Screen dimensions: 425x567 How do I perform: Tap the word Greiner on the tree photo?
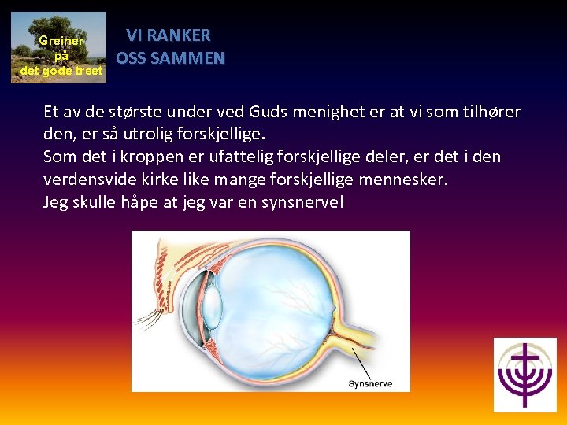[61, 41]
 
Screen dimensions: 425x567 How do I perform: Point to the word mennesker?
[403, 179]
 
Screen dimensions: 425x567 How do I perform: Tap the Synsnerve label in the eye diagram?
[369, 384]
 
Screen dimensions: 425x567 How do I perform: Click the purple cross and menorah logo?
[524, 375]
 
